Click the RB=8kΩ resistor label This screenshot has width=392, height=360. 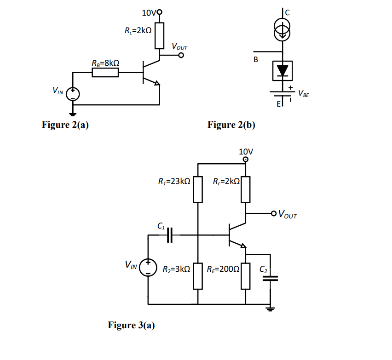coord(106,63)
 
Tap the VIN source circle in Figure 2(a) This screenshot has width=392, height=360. coord(73,94)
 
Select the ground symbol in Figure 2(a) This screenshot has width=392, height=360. coord(73,113)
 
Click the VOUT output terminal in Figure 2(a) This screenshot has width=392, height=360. coord(181,56)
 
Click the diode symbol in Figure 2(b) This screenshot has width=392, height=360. coord(282,70)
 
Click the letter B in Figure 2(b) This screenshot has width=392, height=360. coord(256,60)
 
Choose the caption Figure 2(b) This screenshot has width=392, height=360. coord(231,125)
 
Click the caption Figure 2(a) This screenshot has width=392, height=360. coord(65,125)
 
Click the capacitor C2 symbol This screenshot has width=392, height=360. coord(272,279)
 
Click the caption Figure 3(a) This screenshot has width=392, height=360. coord(131,326)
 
